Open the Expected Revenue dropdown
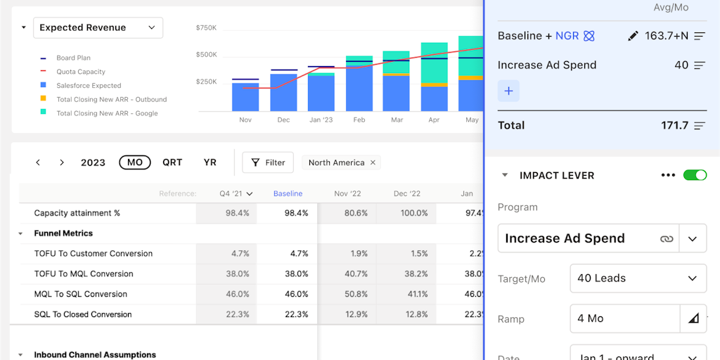[x=98, y=28]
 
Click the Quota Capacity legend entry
[x=81, y=72]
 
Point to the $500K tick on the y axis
[x=206, y=54]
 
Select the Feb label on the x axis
[x=359, y=120]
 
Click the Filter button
[x=268, y=162]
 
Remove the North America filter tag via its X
[x=373, y=162]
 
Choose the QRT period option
[x=172, y=162]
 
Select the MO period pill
[x=135, y=162]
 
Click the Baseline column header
[x=288, y=193]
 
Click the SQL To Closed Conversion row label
[x=83, y=314]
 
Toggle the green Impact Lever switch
[x=695, y=175]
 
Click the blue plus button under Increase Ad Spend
[x=508, y=91]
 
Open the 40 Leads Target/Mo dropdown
[x=638, y=278]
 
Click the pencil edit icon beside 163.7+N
[x=633, y=36]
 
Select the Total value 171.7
[x=674, y=125]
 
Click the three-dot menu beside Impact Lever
[x=668, y=175]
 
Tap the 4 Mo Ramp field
[x=624, y=319]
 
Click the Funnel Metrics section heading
[x=63, y=233]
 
